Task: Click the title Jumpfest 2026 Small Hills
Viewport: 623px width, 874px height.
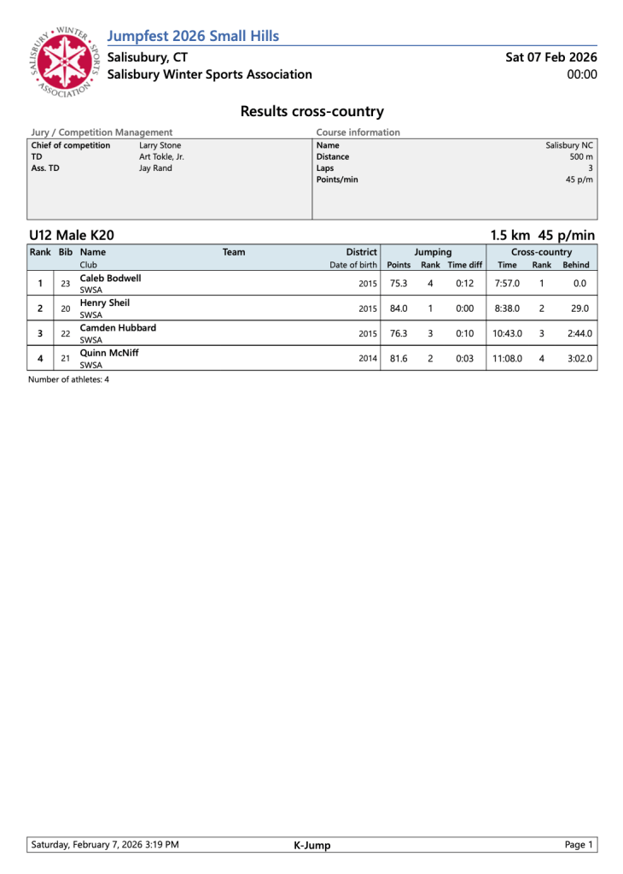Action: [194, 36]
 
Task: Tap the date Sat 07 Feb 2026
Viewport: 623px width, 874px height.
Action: [550, 57]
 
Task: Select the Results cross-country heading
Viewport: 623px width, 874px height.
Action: [311, 111]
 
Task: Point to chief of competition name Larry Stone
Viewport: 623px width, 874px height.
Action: [160, 145]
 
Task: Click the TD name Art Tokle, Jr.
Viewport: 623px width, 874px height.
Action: [161, 157]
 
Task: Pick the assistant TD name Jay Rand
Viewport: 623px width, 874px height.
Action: [155, 168]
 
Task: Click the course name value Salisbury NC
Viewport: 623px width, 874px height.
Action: [569, 145]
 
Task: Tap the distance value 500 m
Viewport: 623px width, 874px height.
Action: [581, 157]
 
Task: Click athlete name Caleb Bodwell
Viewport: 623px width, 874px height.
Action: [110, 279]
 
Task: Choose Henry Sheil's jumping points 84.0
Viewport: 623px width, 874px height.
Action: [399, 308]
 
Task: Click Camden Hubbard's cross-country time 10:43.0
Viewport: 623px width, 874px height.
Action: [508, 333]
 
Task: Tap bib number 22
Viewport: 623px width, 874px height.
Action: [65, 333]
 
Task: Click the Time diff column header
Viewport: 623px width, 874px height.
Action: [465, 266]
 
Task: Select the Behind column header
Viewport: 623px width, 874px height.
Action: [576, 266]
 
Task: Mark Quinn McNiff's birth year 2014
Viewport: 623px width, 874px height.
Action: [368, 358]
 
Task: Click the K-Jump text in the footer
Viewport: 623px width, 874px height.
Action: [311, 846]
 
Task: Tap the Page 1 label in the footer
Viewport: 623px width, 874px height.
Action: [579, 845]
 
